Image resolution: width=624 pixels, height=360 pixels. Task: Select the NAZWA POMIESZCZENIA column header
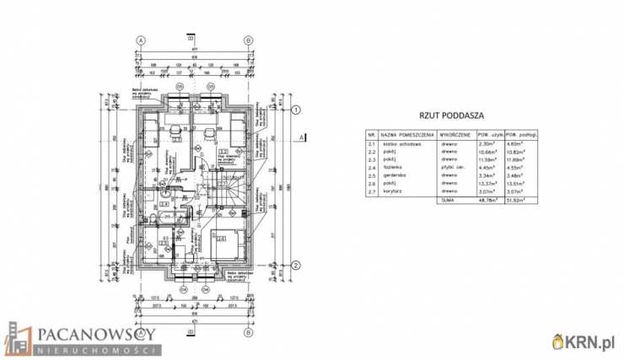pos(406,134)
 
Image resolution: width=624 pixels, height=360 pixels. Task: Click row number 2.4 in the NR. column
pos(371,166)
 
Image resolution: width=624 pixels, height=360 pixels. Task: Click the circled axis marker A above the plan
pos(142,40)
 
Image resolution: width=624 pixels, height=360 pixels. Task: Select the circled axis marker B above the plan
pos(248,40)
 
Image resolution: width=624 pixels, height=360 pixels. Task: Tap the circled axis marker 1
pos(297,109)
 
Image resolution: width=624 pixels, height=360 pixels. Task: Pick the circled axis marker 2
pos(297,265)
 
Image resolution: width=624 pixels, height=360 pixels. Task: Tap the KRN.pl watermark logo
pos(584,342)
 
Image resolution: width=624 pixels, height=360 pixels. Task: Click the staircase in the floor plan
pos(230,192)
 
